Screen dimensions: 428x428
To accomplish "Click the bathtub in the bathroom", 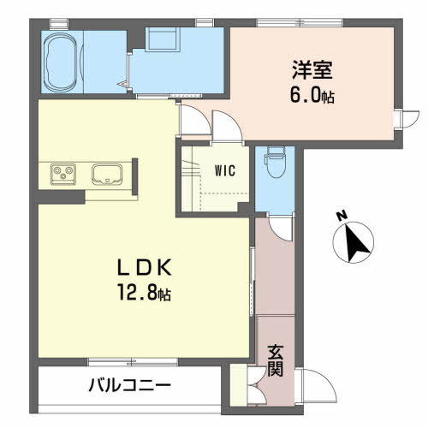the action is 62,62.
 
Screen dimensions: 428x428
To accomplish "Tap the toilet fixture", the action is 275,162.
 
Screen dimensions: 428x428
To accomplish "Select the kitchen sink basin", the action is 107,174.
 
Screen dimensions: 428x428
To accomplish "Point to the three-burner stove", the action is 63,174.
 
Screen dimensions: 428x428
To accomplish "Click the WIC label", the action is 225,170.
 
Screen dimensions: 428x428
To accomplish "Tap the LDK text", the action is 145,267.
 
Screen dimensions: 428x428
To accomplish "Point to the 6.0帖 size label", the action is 312,95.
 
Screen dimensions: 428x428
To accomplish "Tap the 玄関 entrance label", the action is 276,360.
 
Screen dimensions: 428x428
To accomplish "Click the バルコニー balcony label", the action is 130,386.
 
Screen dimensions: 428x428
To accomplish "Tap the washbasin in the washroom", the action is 163,39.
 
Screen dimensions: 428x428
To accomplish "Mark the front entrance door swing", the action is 316,386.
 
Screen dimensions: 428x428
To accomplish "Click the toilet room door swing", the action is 281,228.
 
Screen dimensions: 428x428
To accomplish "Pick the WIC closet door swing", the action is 227,126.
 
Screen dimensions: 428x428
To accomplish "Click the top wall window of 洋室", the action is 300,22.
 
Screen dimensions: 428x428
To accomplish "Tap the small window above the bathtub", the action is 59,24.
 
